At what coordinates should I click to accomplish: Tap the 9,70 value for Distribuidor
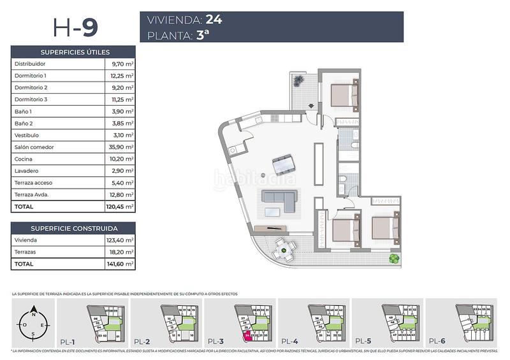pyautogui.click(x=122, y=64)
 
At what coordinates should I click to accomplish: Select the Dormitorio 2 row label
pyautogui.click(x=31, y=87)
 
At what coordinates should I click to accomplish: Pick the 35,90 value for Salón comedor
pyautogui.click(x=120, y=147)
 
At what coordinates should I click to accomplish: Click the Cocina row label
pyautogui.click(x=23, y=159)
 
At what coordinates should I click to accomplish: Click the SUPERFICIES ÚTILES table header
pyautogui.click(x=75, y=52)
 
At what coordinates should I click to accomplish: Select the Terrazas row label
pyautogui.click(x=25, y=252)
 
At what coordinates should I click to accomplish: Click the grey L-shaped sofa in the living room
pyautogui.click(x=280, y=203)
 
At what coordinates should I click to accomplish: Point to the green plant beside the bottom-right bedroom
pyautogui.click(x=395, y=259)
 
